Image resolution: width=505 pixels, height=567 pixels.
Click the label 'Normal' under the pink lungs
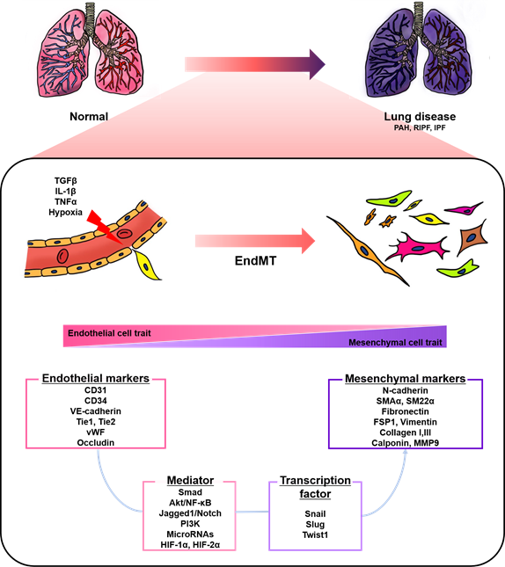[89, 116]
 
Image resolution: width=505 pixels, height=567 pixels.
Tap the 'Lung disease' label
[420, 116]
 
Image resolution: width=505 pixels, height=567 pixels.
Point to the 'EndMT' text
[255, 261]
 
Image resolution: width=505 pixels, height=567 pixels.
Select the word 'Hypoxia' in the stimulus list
[65, 212]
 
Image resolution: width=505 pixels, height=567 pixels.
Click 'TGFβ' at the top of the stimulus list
[65, 180]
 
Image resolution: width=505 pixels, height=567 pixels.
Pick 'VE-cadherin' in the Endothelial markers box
[96, 411]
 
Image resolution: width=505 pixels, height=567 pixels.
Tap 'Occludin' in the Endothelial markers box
[96, 442]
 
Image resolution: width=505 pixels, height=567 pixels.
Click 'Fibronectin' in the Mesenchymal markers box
[405, 411]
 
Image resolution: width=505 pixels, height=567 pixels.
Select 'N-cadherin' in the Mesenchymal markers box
[405, 390]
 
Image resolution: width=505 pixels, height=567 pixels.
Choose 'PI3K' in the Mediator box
[190, 524]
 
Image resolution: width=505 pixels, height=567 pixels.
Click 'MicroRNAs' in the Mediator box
[190, 534]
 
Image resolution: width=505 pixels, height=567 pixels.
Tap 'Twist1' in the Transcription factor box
[315, 534]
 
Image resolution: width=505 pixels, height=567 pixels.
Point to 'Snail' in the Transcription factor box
[315, 514]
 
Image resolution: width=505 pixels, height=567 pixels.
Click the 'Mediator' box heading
[190, 480]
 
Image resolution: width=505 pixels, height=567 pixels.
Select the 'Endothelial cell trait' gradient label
[109, 333]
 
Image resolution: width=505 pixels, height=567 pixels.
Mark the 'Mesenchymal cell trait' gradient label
[395, 343]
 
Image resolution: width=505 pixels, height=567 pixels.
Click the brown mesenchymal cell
[472, 237]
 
